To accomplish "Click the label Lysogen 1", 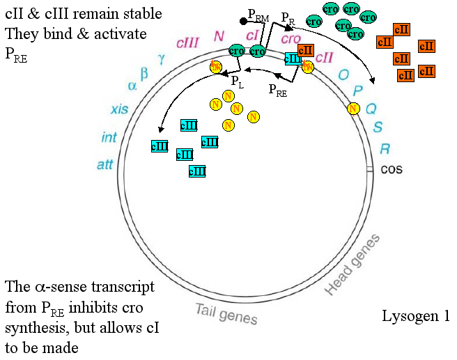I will pos(416,315).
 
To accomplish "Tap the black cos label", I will pos(391,169).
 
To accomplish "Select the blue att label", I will pos(104,165).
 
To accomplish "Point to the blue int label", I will pos(109,138).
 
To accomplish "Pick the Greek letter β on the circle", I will pos(144,72).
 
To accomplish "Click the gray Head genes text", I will pos(353,265).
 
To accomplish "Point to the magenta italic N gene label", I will pos(219,36).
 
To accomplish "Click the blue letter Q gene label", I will pos(371,109).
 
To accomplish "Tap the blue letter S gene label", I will pos(378,127).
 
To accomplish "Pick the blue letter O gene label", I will pos(343,75).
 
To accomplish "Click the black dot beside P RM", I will pos(242,22).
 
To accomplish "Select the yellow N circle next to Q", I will pos(353,109).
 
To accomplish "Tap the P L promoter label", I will pos(238,82).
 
